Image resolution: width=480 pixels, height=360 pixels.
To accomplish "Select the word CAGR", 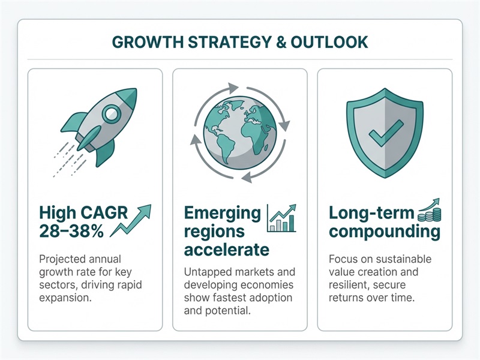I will (x=103, y=213).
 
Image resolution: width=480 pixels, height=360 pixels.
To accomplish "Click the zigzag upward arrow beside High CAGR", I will (x=136, y=221).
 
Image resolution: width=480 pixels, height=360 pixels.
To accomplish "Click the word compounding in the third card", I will (x=384, y=231).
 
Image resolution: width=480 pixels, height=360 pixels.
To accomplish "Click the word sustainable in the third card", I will (x=411, y=260).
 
